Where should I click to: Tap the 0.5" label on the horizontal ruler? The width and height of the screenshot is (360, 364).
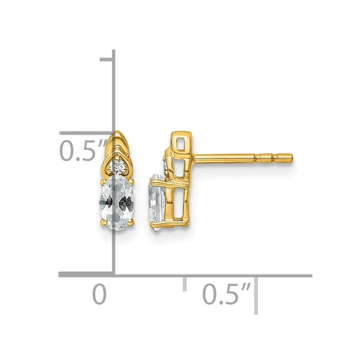click(227, 294)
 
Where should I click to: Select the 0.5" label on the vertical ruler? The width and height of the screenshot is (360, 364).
click(83, 150)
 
